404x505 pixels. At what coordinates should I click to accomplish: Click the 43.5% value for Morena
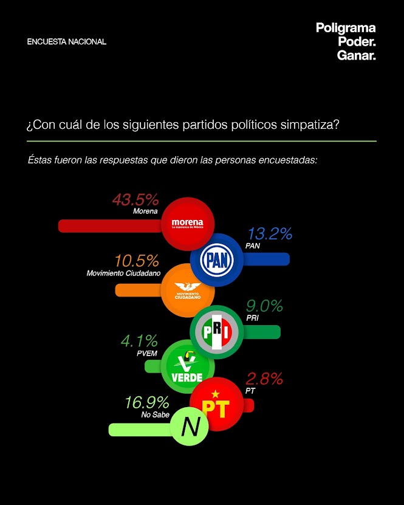click(135, 199)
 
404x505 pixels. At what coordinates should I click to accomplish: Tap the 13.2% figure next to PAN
click(269, 233)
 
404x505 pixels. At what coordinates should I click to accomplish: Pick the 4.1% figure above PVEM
click(139, 340)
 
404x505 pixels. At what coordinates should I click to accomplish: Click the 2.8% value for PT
click(264, 379)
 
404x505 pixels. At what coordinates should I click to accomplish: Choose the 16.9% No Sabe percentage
click(146, 402)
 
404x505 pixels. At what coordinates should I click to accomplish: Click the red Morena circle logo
click(187, 224)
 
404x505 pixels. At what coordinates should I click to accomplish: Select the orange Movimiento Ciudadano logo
click(187, 290)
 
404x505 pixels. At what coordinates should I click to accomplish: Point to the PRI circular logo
click(217, 332)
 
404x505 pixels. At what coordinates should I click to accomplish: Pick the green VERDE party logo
click(187, 366)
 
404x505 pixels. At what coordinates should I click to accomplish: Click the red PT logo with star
click(217, 404)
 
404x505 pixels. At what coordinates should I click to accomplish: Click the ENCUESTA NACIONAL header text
click(67, 42)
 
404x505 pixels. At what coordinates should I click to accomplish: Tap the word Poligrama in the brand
click(346, 28)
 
